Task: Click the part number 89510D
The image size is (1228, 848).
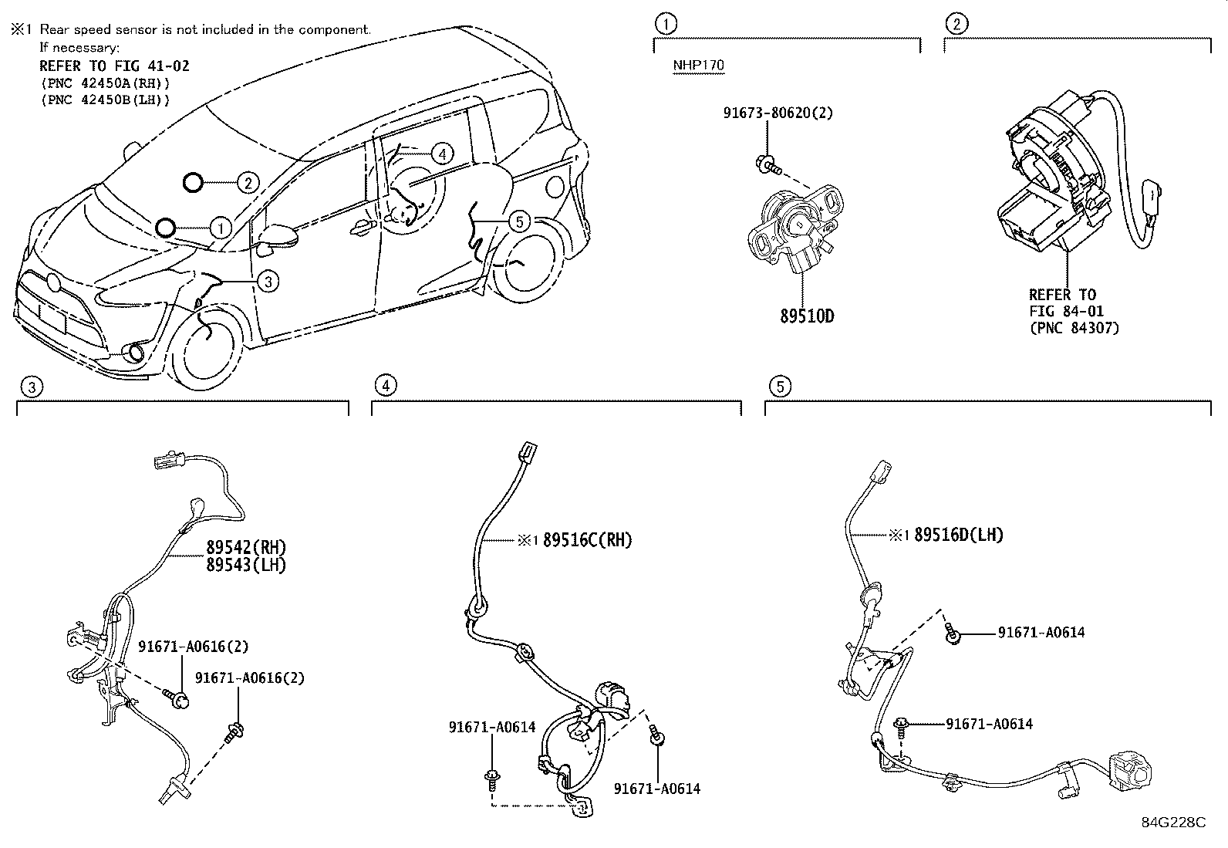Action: [x=807, y=316]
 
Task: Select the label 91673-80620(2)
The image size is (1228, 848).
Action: [x=778, y=113]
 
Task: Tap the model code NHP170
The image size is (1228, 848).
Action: [x=698, y=65]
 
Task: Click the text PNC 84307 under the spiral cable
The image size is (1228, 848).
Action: [x=1074, y=328]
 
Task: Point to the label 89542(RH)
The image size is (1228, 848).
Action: [x=246, y=547]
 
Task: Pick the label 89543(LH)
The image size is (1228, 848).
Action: [x=246, y=565]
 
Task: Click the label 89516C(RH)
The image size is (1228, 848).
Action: [x=587, y=540]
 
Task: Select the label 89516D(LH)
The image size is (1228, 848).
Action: [x=958, y=535]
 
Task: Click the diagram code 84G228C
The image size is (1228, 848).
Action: [x=1173, y=823]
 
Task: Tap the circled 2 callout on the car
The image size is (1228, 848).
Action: [x=247, y=183]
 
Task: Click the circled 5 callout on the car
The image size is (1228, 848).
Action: [x=520, y=222]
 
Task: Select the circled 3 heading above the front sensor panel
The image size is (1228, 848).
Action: [x=29, y=387]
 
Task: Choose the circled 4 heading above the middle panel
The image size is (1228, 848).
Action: [x=385, y=386]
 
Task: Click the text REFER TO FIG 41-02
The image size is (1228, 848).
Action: [x=114, y=66]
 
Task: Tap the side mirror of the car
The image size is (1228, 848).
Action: [x=278, y=237]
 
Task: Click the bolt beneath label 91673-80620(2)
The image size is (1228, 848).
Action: [x=767, y=164]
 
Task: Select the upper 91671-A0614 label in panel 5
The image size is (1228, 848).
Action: [x=1041, y=633]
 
